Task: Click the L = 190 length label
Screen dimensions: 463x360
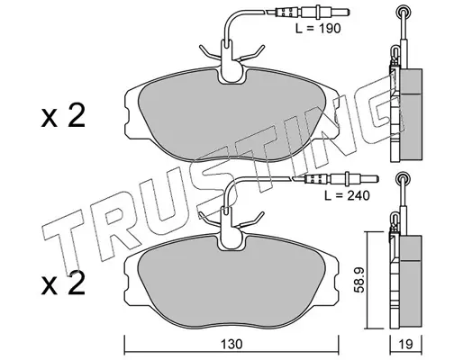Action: coord(318,29)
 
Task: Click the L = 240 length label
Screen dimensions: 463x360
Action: coord(347,195)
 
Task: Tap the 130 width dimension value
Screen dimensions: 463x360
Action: coord(231,344)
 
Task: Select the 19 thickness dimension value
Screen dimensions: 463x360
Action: coord(406,344)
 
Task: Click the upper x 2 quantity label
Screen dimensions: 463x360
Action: coord(63,116)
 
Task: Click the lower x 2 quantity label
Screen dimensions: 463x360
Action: coord(63,283)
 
